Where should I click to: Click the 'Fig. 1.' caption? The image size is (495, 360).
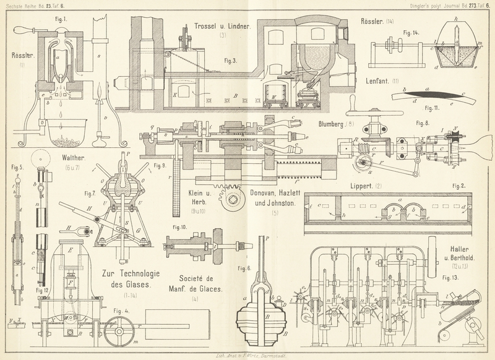coord(62,17)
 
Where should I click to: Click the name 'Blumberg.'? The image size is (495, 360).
coord(335,124)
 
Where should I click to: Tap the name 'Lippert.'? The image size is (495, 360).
coord(364,185)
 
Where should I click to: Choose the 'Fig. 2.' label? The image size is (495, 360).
coord(459,186)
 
